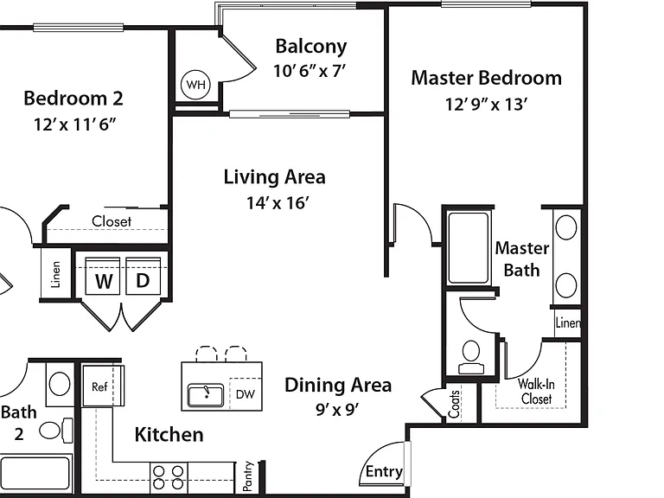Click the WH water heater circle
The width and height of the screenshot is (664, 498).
195,85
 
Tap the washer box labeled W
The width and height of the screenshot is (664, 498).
103,276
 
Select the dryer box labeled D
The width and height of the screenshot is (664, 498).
144,276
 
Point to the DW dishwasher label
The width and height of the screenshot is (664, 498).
246,394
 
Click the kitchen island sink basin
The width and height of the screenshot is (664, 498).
206,395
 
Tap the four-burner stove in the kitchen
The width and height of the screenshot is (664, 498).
169,477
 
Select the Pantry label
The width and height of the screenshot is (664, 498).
248,476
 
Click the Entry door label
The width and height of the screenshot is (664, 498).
384,471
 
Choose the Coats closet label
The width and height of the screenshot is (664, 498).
454,404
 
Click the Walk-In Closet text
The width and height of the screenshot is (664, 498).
536,392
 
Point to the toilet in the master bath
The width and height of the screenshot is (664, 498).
471,357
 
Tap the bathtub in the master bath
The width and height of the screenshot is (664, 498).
469,248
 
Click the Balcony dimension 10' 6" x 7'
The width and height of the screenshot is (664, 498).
310,71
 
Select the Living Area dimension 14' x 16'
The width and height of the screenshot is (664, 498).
278,203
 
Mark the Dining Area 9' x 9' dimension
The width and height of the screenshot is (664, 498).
337,409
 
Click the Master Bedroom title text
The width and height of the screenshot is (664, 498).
487,78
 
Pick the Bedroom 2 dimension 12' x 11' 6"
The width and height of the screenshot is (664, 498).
74,124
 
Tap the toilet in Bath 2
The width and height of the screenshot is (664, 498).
56,431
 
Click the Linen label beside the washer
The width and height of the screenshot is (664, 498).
55,274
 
